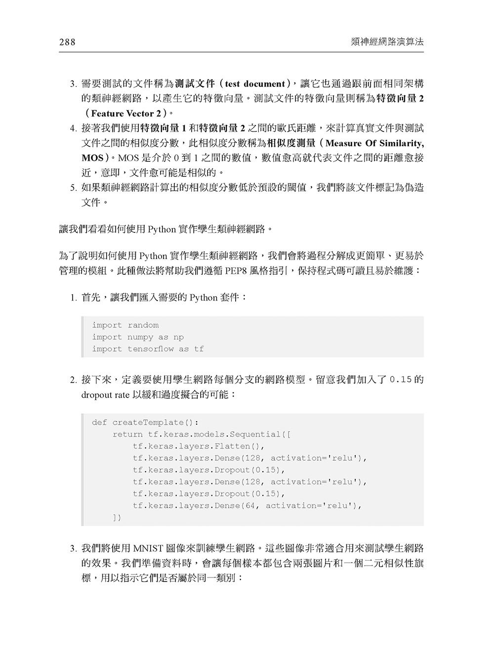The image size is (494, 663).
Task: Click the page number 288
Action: (67, 43)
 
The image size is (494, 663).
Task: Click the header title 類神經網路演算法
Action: (386, 43)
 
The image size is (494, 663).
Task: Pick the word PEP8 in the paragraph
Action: (237, 271)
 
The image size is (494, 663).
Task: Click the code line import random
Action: (125, 325)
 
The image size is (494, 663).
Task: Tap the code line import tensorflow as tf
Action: (148, 349)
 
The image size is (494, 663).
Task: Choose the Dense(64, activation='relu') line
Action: (247, 506)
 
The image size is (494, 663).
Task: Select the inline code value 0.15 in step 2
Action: (401, 381)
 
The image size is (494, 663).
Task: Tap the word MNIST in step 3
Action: (151, 549)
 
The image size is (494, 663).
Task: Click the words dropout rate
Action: (105, 396)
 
